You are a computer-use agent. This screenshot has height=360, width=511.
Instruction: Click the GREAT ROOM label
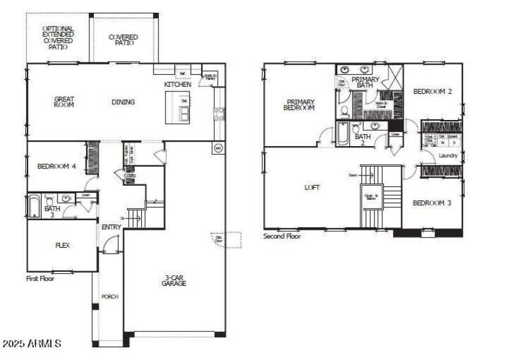click(64, 102)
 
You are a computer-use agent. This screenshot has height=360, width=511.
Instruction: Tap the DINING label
click(123, 102)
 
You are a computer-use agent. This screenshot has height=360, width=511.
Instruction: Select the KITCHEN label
click(178, 84)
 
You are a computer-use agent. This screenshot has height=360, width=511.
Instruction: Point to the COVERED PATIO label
click(123, 40)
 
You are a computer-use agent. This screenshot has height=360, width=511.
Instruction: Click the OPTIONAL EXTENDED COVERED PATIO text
click(58, 38)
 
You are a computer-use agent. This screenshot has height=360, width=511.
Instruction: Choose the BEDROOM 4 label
click(57, 167)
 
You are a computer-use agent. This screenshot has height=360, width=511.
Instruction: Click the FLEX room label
click(62, 245)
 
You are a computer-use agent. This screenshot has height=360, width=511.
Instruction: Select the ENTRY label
click(111, 227)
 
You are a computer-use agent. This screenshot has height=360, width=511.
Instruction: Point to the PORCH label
click(110, 297)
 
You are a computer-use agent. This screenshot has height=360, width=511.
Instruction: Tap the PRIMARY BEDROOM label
click(300, 105)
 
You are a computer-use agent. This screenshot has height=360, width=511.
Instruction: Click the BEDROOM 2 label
click(432, 91)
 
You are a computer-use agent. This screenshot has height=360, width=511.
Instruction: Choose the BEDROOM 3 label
click(432, 203)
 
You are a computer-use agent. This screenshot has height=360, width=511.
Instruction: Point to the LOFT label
click(312, 188)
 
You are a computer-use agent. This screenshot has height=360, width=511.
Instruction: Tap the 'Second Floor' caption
click(282, 236)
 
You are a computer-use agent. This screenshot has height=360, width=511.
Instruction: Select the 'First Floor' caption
click(40, 278)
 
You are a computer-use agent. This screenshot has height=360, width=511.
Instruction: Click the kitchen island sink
click(184, 114)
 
